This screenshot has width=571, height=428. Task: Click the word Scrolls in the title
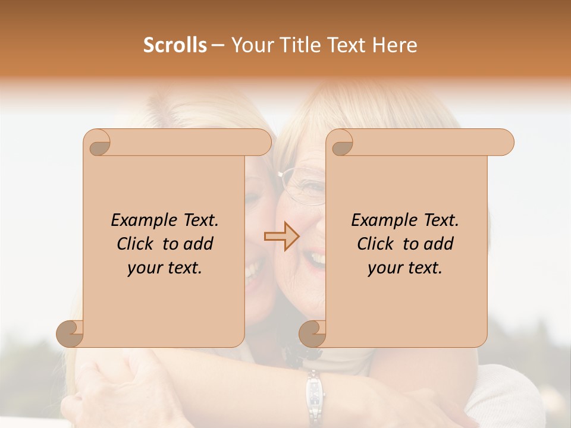click(175, 45)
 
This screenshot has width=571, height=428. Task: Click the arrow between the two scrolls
click(281, 237)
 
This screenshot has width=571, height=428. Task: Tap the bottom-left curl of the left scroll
click(70, 334)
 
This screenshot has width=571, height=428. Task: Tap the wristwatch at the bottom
click(313, 395)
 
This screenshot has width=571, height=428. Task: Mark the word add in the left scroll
click(199, 244)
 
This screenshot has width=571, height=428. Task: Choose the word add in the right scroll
click(439, 244)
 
